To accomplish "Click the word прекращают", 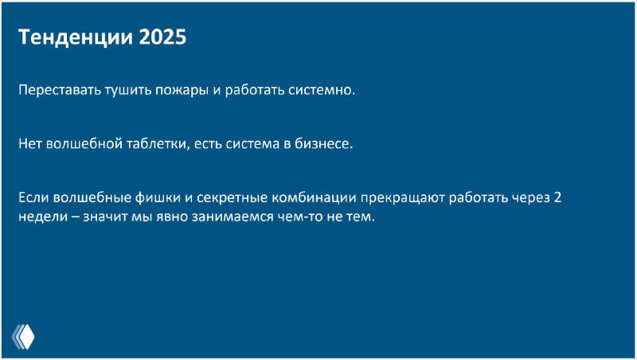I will point(402,198).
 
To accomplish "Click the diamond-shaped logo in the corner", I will point(24,337).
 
